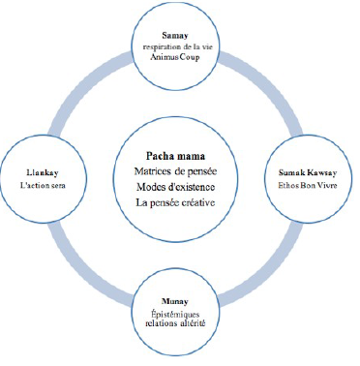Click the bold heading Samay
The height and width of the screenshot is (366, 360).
click(175, 36)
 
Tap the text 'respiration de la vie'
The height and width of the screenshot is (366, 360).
click(178, 46)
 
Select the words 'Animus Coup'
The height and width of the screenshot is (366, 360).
click(175, 57)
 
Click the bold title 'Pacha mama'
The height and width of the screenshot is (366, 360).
click(175, 156)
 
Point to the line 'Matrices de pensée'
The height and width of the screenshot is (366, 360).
click(175, 171)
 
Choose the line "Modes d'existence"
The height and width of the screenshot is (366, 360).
click(175, 187)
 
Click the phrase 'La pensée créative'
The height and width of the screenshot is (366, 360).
click(175, 202)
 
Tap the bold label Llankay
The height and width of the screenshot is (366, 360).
click(43, 173)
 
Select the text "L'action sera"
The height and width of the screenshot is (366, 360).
click(43, 185)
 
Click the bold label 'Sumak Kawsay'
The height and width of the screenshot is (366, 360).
click(308, 173)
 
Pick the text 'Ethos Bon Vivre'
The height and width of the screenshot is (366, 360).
click(308, 185)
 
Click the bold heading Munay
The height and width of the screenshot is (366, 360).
click(175, 302)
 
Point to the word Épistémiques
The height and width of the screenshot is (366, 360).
click(175, 314)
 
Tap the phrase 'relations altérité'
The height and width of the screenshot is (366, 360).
click(175, 323)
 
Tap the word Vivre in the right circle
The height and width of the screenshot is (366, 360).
click(327, 185)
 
